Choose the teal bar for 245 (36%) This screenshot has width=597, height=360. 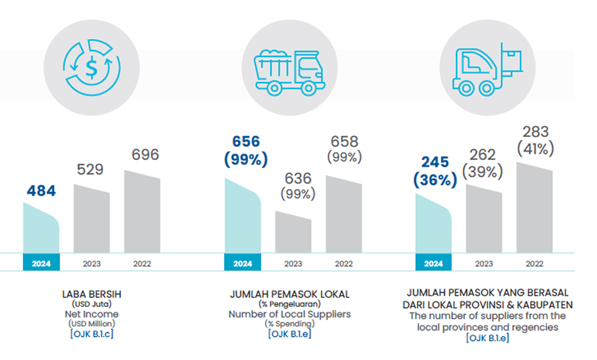[433, 224]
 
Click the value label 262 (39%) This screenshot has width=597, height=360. [483, 162]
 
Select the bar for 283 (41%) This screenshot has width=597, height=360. [534, 208]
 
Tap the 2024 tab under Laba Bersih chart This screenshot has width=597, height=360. [41, 263]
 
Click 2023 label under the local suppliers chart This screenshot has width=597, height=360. [293, 263]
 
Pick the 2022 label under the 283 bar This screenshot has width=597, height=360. [534, 263]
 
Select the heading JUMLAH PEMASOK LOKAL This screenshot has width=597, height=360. [289, 295]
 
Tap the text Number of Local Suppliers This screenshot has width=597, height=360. [289, 314]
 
